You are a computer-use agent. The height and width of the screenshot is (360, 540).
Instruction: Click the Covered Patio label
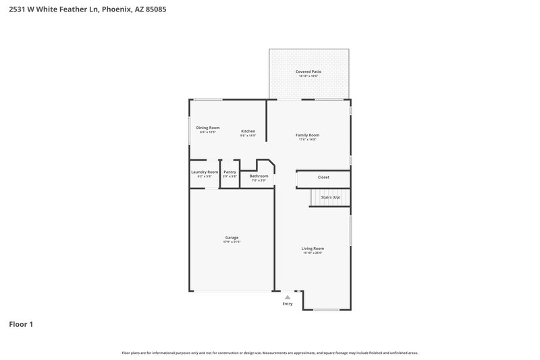[x=308, y=72]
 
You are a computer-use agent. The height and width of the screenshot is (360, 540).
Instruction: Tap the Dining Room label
[x=208, y=128]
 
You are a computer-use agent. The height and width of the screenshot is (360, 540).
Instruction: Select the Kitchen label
[x=248, y=131]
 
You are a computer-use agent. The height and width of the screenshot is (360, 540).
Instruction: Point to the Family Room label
[x=307, y=135]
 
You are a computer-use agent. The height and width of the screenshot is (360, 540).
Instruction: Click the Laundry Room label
[x=205, y=172]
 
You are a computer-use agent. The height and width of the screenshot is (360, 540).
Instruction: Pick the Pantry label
[x=230, y=172]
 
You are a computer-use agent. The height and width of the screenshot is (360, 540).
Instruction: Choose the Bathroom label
[x=259, y=176]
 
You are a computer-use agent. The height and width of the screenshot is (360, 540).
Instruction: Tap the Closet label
[x=323, y=178]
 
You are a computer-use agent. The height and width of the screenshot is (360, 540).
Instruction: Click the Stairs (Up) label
[x=331, y=197]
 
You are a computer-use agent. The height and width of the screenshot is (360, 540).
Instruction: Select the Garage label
[x=232, y=237]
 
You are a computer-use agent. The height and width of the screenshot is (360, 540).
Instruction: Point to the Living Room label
[x=313, y=249]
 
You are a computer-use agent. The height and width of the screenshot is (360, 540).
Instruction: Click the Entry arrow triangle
[x=288, y=297]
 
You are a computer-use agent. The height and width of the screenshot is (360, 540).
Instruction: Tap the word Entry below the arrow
[x=288, y=304]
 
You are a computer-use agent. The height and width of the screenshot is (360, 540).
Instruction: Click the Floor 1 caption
[x=21, y=324]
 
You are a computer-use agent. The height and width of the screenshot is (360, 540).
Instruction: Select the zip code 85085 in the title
[x=153, y=9]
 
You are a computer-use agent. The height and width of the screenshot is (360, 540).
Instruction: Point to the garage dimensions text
[x=232, y=242]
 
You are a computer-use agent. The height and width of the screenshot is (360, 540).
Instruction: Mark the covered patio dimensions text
[x=308, y=76]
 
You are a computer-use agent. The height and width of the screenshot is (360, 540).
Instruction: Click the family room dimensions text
[x=307, y=140]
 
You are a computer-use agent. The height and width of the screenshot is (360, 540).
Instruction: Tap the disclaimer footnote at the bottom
[x=270, y=353]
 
